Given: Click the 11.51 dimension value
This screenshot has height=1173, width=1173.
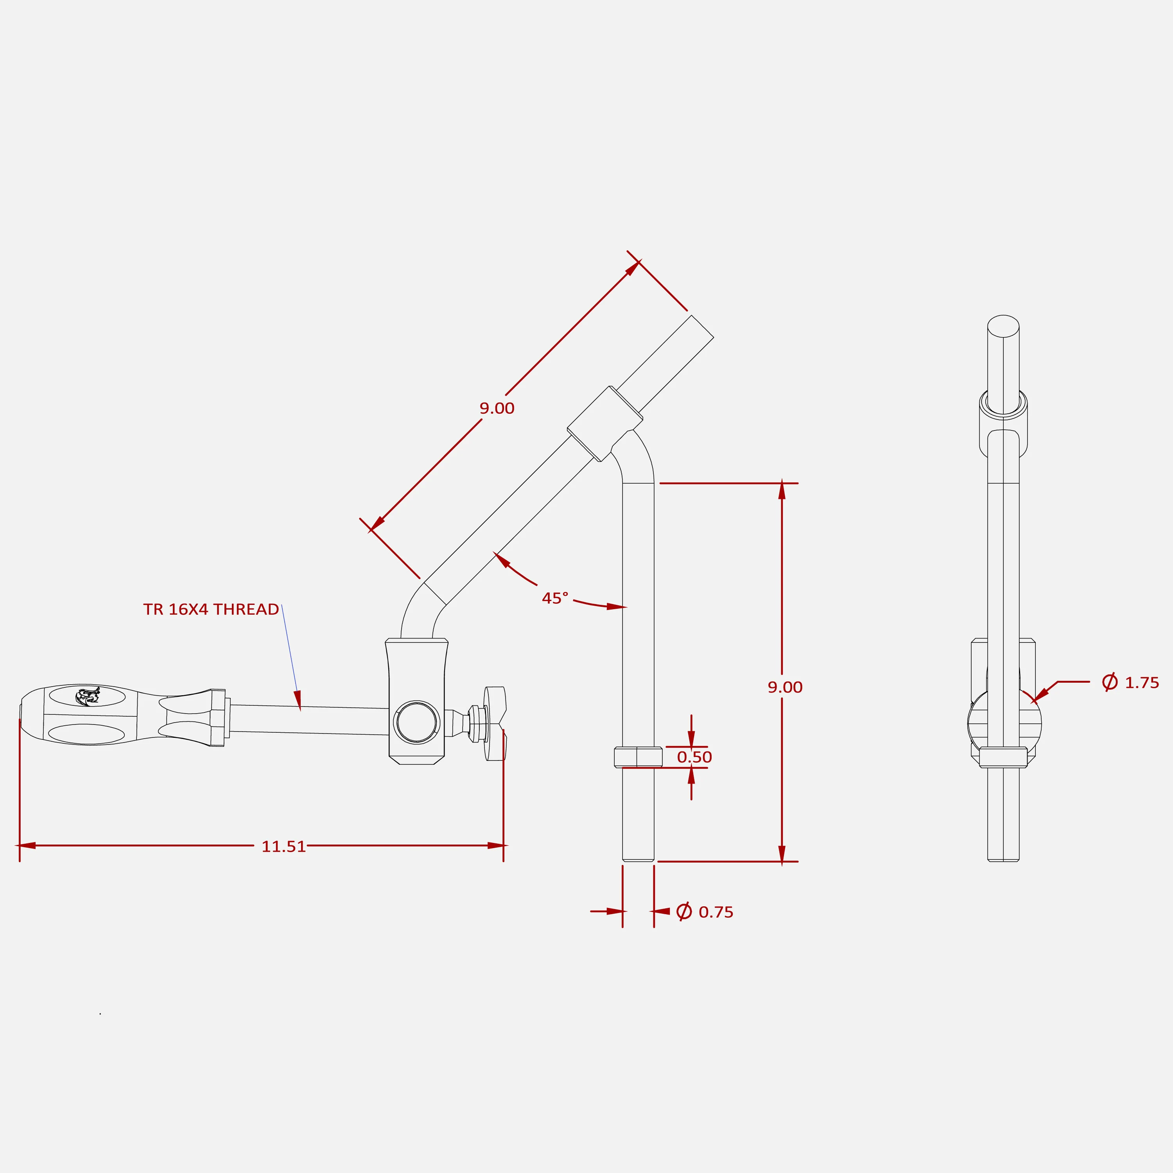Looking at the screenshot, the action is [x=283, y=847].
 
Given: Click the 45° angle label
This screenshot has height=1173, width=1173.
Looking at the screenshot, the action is [x=555, y=598].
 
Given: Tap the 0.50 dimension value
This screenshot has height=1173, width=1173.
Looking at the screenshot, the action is [x=694, y=757].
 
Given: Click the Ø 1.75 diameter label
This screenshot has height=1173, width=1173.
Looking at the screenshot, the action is [x=1130, y=682].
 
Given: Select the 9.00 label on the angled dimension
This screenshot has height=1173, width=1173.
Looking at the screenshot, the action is [x=497, y=408].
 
